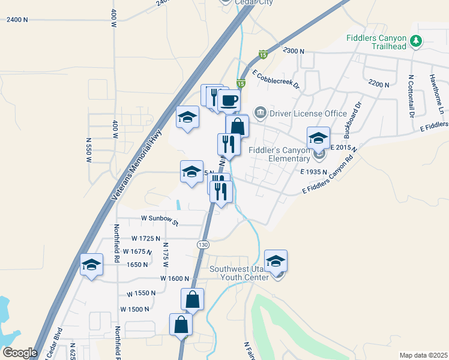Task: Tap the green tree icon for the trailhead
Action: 416,41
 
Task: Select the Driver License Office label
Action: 309,113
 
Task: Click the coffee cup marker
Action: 228,100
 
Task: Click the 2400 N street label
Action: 17,20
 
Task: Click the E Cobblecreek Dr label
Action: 276,79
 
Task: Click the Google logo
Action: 20,353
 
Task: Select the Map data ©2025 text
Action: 424,355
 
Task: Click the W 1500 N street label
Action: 134,309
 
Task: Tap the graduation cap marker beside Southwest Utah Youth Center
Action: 276,262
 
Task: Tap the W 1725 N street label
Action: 145,239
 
